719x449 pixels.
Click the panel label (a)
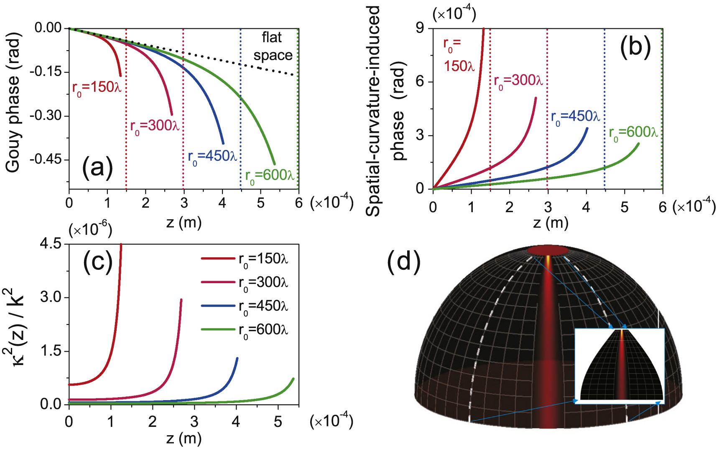[x=97, y=168]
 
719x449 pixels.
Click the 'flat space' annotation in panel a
[x=273, y=46]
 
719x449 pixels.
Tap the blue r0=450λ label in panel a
[x=212, y=157]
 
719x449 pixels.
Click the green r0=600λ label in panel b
[x=633, y=133]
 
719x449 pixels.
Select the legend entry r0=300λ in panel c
[x=263, y=283]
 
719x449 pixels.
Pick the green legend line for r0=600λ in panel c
[x=218, y=330]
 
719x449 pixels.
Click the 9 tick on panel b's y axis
[x=419, y=28]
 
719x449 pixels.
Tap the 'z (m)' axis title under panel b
[x=551, y=223]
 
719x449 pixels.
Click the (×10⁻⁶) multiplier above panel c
[x=90, y=229]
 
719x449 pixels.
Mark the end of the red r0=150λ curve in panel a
[x=120, y=76]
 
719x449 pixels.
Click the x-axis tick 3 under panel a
[x=184, y=203]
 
